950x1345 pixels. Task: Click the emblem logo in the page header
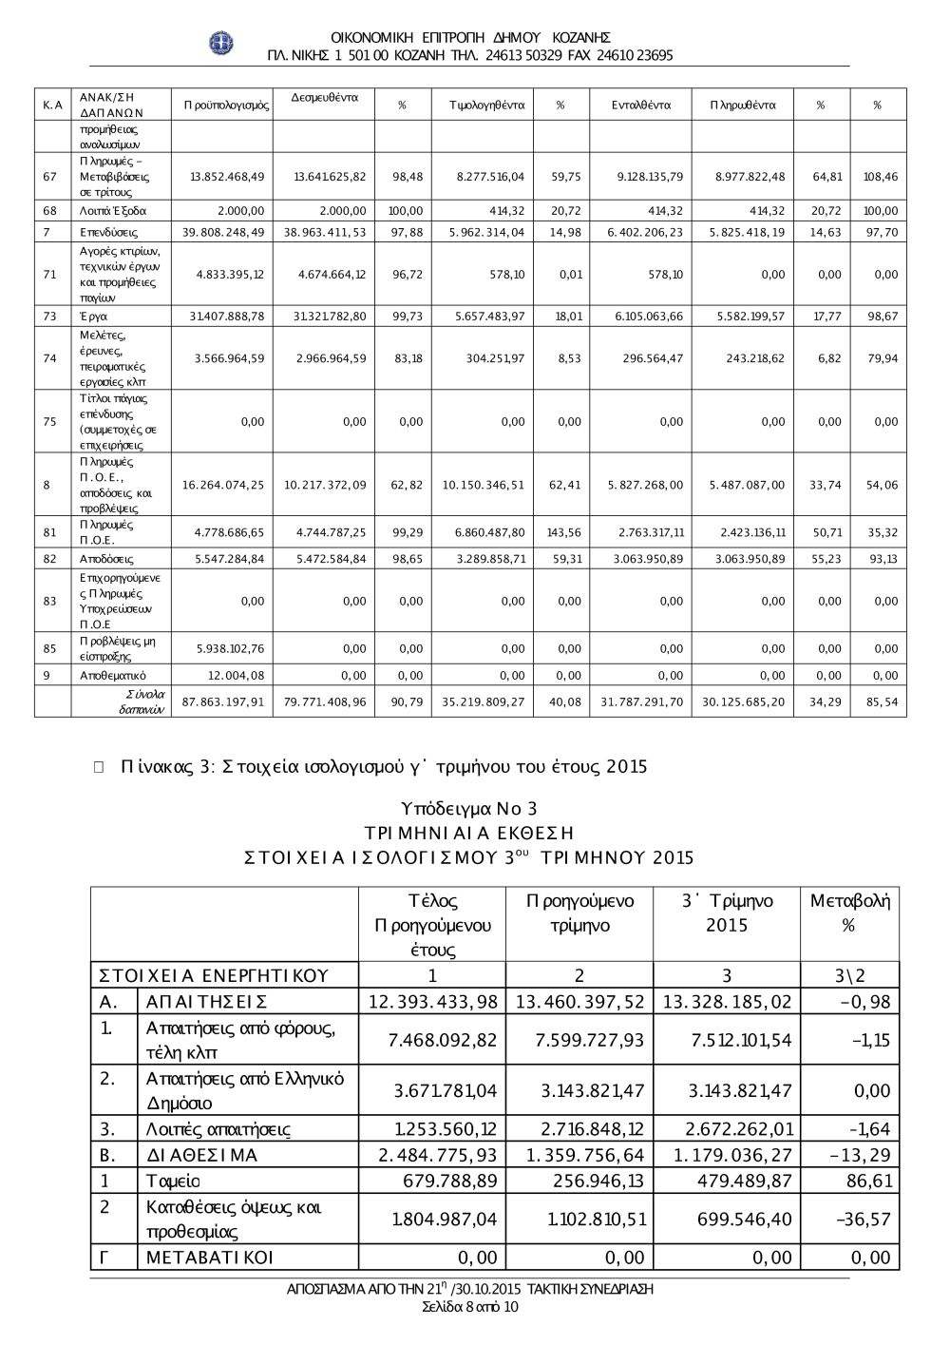click(x=221, y=43)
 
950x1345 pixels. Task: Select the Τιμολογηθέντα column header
click(x=486, y=105)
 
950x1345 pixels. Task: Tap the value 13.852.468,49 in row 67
click(x=227, y=177)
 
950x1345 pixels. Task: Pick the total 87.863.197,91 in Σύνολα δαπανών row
click(x=222, y=702)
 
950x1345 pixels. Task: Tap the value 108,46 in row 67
click(x=878, y=177)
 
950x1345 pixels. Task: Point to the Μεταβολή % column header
click(x=849, y=913)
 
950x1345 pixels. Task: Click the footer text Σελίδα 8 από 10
click(x=469, y=1307)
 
